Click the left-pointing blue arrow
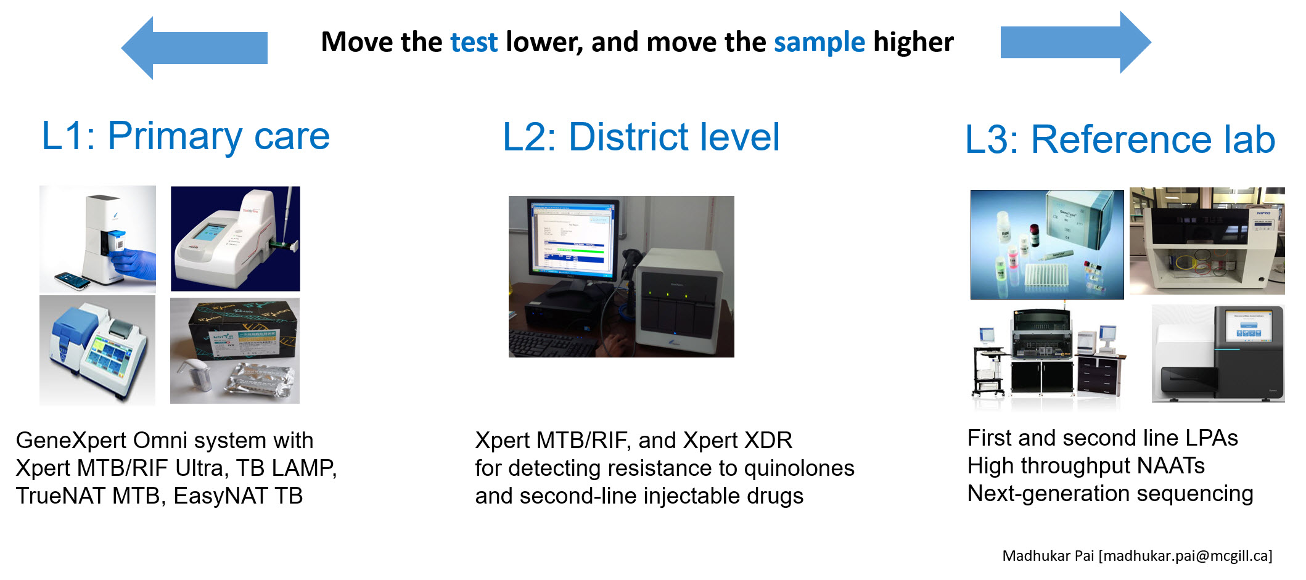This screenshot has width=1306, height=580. click(x=194, y=47)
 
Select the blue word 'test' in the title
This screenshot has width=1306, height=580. click(x=474, y=43)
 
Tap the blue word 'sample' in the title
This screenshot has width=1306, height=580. click(x=819, y=43)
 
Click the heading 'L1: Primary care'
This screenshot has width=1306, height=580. click(x=186, y=136)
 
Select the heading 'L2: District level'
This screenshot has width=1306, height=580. click(x=641, y=137)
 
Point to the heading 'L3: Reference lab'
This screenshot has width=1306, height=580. click(x=1120, y=139)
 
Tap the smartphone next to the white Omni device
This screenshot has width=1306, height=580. click(x=73, y=280)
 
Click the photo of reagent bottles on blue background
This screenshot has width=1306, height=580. click(x=1046, y=245)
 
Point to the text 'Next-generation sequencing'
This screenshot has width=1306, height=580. click(x=1110, y=494)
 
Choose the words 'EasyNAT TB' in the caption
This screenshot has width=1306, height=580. click(x=238, y=496)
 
